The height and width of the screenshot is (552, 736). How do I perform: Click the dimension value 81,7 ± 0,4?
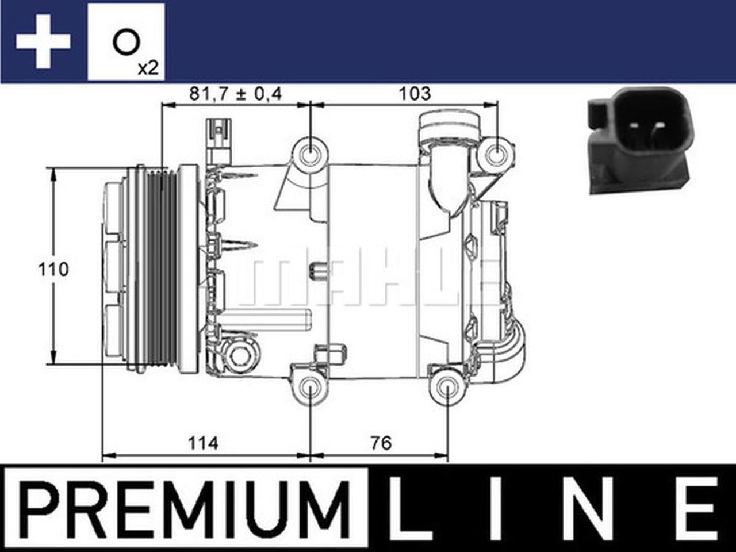(236, 93)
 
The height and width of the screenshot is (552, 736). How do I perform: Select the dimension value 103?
(415, 93)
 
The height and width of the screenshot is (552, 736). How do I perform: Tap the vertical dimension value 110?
(53, 269)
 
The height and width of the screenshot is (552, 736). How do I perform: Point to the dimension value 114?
(203, 443)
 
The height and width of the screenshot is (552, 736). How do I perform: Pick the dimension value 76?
(381, 443)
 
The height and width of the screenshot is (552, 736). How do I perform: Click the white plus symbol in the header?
(43, 42)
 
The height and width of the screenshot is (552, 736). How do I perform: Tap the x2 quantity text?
(148, 68)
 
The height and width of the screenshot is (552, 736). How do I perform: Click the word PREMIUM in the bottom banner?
(185, 507)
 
